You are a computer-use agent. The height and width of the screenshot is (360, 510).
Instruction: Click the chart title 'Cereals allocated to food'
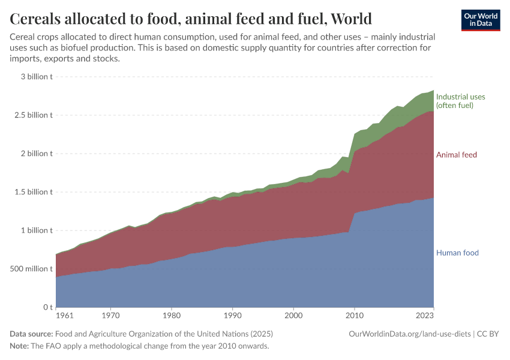[x=191, y=19]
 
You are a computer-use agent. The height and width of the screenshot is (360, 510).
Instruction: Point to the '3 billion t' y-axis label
[x=37, y=76]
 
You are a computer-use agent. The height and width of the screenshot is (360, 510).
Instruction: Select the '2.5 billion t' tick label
[x=34, y=115]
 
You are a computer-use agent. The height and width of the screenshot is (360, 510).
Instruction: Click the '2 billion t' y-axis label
[x=37, y=154]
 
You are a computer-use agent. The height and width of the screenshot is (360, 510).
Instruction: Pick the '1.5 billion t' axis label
[x=34, y=192]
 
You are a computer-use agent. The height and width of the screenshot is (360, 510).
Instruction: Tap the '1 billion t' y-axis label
[x=37, y=230]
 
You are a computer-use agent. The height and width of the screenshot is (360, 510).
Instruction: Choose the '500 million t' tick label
[x=32, y=269]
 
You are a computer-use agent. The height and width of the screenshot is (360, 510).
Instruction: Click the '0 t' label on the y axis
[x=47, y=307]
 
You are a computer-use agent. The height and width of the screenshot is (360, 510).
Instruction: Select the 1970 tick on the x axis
[x=110, y=314]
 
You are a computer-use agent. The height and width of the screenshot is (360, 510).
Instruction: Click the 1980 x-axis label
[x=172, y=314]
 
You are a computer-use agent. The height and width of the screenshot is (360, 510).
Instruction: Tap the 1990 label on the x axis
[x=232, y=314]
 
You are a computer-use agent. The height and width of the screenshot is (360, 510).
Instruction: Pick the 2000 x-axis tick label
[x=293, y=314]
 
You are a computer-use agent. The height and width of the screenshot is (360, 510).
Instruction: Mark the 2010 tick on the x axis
[x=354, y=314]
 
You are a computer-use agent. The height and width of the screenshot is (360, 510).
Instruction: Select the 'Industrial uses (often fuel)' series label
[x=460, y=101]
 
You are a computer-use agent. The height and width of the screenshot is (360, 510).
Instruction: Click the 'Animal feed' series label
[x=457, y=155]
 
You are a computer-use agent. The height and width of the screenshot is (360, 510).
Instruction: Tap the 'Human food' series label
[x=457, y=253]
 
